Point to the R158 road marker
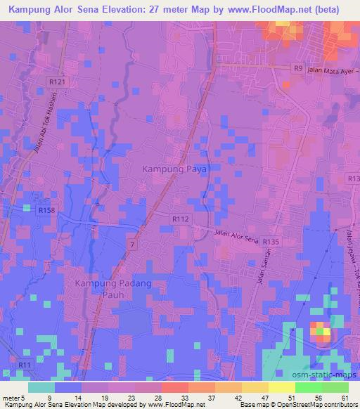tap(47, 210)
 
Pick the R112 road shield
tap(180, 219)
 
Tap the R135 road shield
tap(271, 241)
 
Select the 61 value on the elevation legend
tap(342, 398)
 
